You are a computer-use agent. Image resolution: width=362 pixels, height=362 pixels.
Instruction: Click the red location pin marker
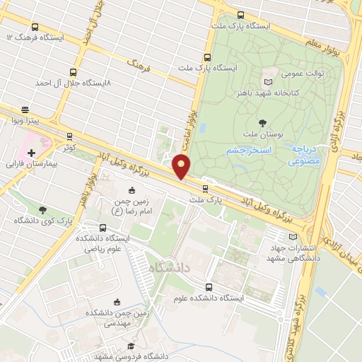pos(182,166)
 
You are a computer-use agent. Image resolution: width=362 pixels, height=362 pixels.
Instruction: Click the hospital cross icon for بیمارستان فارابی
pos(31,152)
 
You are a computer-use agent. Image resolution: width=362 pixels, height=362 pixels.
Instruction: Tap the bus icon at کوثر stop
pos(69,136)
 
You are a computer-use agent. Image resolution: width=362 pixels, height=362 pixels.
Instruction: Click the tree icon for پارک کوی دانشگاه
pos(44,210)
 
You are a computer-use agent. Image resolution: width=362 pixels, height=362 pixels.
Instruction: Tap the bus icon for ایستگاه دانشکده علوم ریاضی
pos(104,228)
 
